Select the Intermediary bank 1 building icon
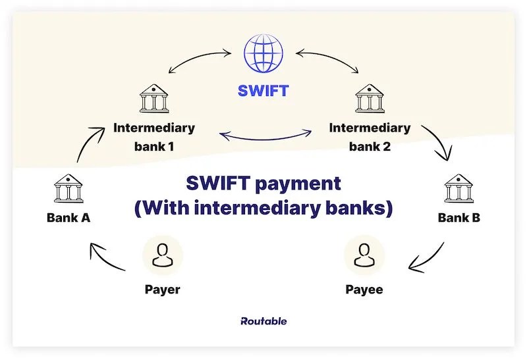153,99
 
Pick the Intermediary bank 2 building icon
369,99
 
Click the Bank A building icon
68,189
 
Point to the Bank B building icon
458,189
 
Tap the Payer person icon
162,254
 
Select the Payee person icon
364,254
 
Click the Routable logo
263,321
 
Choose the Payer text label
162,289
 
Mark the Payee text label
364,289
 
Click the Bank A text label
68,218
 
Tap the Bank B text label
459,218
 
